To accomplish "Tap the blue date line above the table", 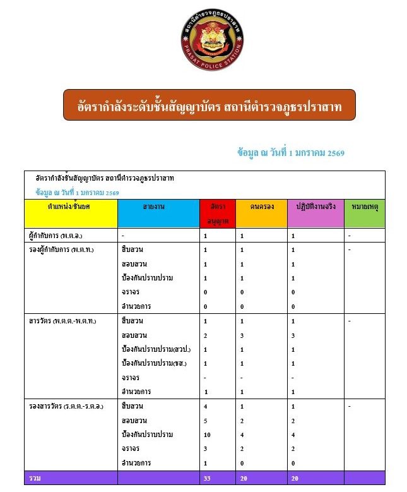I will (x=290, y=152).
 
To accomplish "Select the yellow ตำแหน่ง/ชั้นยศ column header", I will (x=70, y=207).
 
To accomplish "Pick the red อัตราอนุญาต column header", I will (x=217, y=213).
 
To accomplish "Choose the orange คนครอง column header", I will (x=261, y=207).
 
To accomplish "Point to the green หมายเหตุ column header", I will (x=364, y=207).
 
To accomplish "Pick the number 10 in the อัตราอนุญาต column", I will (x=207, y=435).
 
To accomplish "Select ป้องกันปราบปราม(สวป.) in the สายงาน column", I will (x=156, y=349).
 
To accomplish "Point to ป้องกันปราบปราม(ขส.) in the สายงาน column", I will (x=155, y=364).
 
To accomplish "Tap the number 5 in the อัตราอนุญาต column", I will (x=206, y=421).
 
